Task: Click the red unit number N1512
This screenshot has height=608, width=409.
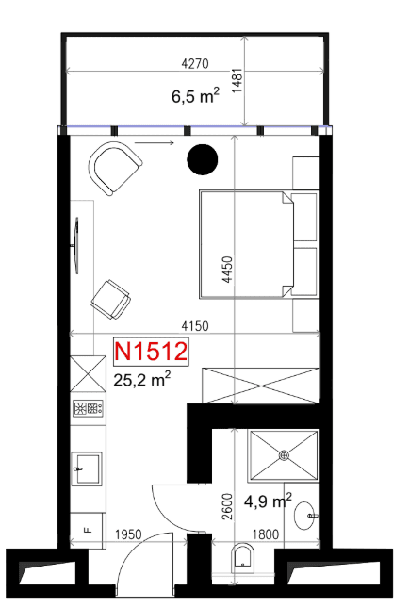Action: click(151, 352)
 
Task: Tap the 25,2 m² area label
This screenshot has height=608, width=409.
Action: click(142, 379)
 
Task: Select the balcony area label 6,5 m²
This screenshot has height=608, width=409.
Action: click(195, 95)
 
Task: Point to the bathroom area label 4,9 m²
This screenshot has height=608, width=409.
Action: click(268, 501)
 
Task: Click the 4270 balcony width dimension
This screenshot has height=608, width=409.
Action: click(195, 63)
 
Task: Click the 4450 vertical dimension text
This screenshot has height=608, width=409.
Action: click(227, 270)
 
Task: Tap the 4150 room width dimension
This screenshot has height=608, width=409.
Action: click(195, 326)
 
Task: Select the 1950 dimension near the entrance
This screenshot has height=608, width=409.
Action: click(128, 534)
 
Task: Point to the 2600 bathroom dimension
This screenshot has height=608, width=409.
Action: click(227, 506)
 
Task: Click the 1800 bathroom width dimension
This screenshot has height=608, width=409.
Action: click(266, 534)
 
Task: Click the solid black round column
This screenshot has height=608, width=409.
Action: click(203, 159)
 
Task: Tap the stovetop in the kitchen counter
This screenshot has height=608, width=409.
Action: click(89, 408)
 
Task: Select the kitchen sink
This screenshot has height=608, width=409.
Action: click(88, 468)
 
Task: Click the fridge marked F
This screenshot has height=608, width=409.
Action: click(88, 530)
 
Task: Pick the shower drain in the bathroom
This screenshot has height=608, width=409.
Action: click(285, 455)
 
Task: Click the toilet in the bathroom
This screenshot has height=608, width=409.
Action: click(243, 559)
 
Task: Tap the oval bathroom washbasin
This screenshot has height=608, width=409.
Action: click(305, 516)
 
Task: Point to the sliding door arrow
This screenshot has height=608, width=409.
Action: click(155, 143)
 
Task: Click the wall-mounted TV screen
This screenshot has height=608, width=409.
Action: click(76, 245)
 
